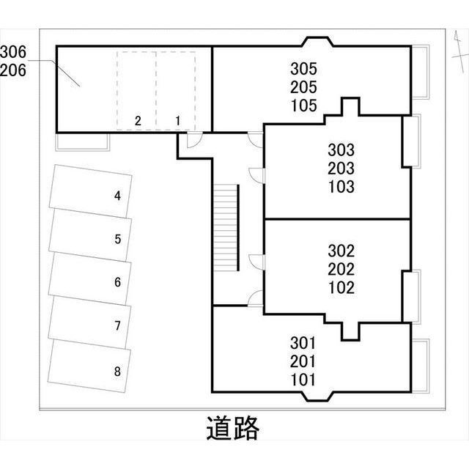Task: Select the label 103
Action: point(341,187)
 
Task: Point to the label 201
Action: point(303,361)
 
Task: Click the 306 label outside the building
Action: point(13,51)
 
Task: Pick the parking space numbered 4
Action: point(91,192)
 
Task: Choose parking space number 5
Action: point(90,235)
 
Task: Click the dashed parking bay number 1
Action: point(177,92)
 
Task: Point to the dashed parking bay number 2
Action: point(136,92)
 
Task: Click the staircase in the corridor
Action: point(227,227)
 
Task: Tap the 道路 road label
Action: point(232,428)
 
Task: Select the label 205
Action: point(303,87)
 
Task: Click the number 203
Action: point(341,169)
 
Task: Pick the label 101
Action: point(303,380)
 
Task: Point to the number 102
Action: point(341,287)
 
